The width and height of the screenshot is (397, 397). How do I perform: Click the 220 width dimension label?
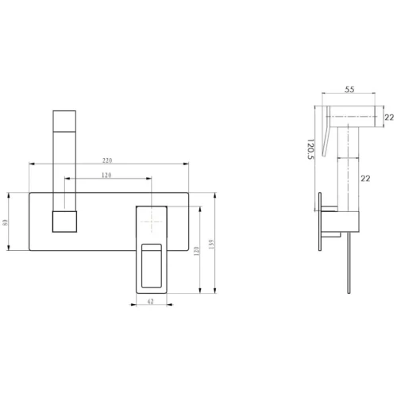pos(107,160)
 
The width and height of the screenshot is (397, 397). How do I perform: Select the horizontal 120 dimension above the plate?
pos(106,175)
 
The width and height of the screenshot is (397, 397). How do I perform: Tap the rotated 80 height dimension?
pos(6,222)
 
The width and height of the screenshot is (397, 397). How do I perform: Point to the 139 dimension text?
pos(211,244)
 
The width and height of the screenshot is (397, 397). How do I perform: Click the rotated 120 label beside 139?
pos(196,251)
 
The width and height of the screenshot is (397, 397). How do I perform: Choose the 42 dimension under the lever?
pos(150,301)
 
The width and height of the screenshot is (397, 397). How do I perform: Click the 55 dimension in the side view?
pos(349,90)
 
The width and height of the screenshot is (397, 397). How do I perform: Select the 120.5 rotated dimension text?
pos(310,149)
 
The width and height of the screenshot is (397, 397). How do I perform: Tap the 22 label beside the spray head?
pos(389,118)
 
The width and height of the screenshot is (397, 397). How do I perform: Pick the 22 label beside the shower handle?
pos(365,179)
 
